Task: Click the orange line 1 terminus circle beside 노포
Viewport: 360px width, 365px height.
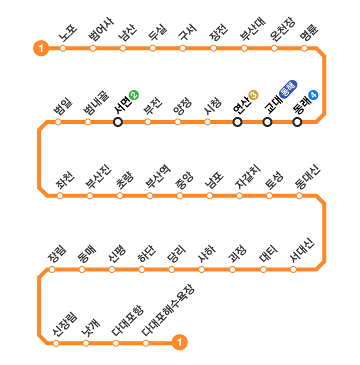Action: click(x=41, y=48)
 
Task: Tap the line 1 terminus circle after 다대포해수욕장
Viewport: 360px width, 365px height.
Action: click(x=179, y=343)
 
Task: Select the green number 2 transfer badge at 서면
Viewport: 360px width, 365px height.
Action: click(x=133, y=94)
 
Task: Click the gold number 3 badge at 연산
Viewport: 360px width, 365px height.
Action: click(x=253, y=94)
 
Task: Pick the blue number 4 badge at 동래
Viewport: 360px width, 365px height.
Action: click(x=313, y=94)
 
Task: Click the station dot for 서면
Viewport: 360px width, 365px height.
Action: click(x=118, y=122)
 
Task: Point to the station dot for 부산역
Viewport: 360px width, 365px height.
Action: click(x=149, y=195)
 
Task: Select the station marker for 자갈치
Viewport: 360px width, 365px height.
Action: click(x=239, y=195)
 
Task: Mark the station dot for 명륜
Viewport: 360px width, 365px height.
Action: click(x=304, y=48)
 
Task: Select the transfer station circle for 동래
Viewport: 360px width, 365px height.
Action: click(x=297, y=122)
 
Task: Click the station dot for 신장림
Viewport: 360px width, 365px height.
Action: click(x=56, y=343)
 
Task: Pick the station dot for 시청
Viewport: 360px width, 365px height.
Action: click(x=207, y=122)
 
